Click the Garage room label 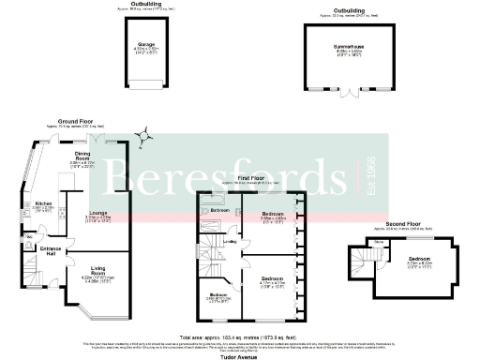145,43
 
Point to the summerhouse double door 353,91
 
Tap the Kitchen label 43,203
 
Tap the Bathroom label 219,211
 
